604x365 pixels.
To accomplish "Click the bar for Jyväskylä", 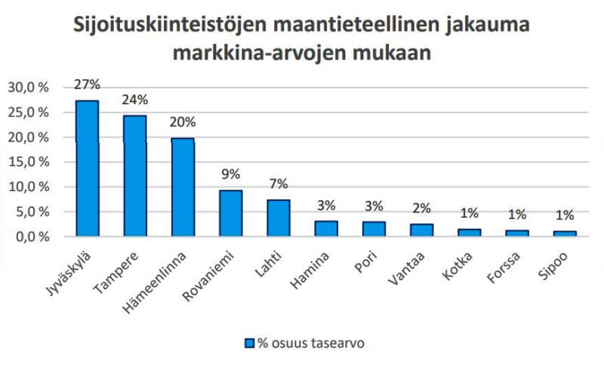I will coord(87,168).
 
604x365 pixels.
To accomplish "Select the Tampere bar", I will coord(134,175).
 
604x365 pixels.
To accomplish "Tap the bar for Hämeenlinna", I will coord(182,187).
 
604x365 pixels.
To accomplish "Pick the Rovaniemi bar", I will coord(230,212).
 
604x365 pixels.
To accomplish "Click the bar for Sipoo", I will coord(564,234).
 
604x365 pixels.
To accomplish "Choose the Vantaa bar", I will coord(421,230).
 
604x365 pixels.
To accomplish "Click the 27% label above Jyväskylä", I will coord(87,85).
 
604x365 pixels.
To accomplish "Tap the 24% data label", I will coord(135,100).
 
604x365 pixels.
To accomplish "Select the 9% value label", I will coord(231,175).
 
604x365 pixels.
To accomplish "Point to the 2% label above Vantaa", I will coord(422,209).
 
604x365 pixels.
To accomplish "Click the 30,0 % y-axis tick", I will coord(28,88).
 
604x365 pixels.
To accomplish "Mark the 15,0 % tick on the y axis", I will coord(28,162).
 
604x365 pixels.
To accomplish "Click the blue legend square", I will coord(251,342).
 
